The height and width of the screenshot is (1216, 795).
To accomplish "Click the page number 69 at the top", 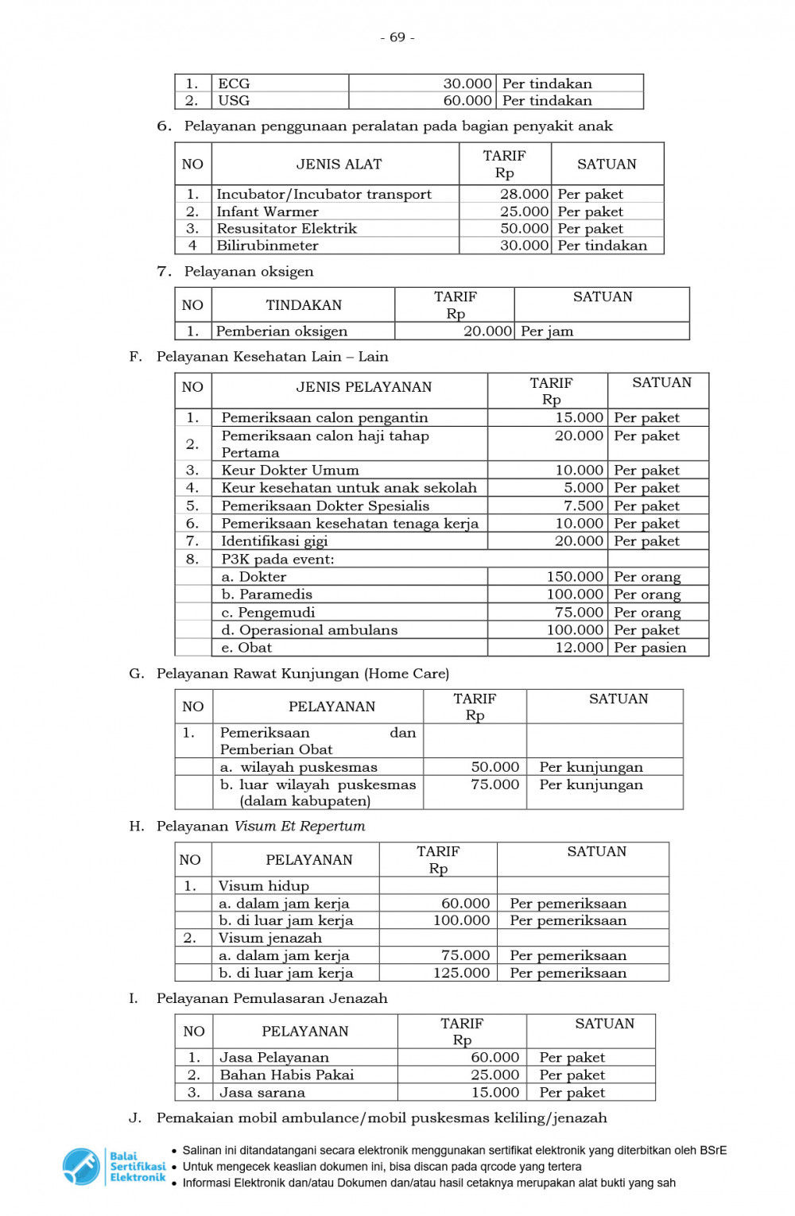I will point(397,37).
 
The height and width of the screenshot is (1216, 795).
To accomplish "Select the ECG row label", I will point(234,83).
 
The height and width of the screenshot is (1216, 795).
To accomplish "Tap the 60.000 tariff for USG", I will point(467,101).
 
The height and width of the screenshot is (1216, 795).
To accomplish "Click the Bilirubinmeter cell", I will point(267,246).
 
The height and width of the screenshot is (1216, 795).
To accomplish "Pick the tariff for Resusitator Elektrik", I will point(524,229).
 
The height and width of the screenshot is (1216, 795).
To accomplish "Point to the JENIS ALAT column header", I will point(339,165).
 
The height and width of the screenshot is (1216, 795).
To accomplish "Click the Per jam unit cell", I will point(547,331).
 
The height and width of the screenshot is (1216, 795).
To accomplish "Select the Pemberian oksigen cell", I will point(281,331).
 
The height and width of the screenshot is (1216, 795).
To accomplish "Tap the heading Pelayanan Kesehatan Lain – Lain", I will point(272,357).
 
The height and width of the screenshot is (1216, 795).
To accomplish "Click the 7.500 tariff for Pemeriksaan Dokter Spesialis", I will point(584,506).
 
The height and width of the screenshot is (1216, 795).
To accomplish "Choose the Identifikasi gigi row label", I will point(274,541).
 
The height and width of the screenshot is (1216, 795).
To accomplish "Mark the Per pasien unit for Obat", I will point(650,648).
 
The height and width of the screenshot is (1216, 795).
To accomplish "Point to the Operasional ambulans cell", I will point(309,630).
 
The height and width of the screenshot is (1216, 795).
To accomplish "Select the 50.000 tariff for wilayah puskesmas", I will point(494,767).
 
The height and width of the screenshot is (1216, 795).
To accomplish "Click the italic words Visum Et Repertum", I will point(300,827).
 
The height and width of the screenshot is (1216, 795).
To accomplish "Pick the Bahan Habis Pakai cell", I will point(287,1075).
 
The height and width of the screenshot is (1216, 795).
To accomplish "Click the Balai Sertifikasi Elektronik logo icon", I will point(81,1166).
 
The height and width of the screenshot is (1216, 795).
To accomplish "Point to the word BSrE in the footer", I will point(713,1150).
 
